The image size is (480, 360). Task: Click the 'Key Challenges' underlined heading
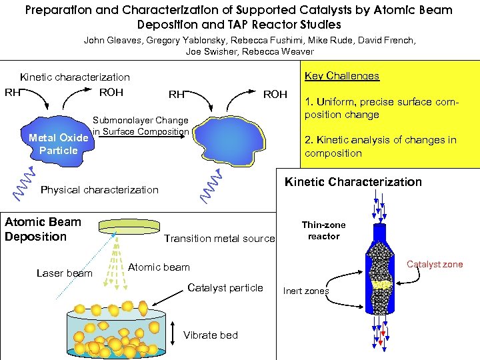click(341, 76)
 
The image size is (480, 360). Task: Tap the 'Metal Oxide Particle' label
click(58, 144)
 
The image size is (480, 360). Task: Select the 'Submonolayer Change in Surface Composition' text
click(141, 126)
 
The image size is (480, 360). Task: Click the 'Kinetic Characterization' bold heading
click(353, 182)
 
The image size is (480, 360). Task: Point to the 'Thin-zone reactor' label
click(323, 231)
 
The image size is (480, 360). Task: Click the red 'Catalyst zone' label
click(435, 265)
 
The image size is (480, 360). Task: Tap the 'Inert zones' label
click(306, 291)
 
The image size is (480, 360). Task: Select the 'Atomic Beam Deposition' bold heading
click(43, 229)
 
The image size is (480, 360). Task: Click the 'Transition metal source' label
click(219, 239)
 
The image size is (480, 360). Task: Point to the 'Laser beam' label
click(65, 273)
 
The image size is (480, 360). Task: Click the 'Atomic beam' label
click(159, 267)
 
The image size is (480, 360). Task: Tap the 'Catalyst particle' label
click(225, 288)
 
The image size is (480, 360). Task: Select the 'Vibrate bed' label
click(211, 335)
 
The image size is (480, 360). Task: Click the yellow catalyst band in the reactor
click(381, 285)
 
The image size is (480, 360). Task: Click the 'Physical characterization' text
click(100, 190)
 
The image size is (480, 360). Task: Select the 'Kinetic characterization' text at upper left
click(75, 77)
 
